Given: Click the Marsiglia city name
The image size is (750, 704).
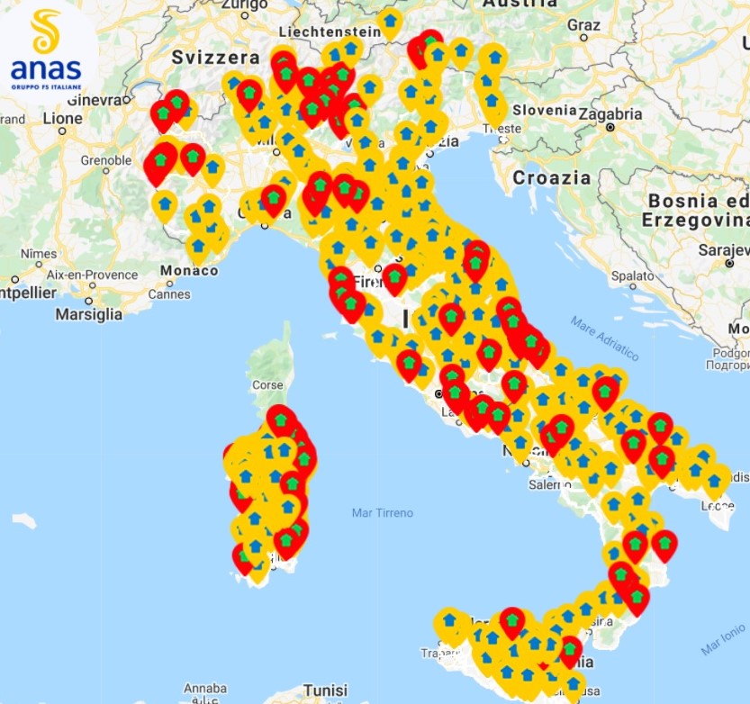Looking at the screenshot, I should pyautogui.click(x=88, y=315).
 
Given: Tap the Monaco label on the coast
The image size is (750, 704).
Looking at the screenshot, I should pyautogui.click(x=189, y=270).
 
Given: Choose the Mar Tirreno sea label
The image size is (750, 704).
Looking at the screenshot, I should pyautogui.click(x=383, y=513).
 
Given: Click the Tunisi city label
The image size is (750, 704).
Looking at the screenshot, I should pyautogui.click(x=325, y=690).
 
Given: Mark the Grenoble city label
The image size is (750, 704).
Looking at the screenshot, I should pyautogui.click(x=106, y=160).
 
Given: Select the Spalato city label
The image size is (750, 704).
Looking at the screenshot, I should pyautogui.click(x=631, y=276).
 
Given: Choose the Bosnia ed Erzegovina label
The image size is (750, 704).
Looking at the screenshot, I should pyautogui.click(x=694, y=210).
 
